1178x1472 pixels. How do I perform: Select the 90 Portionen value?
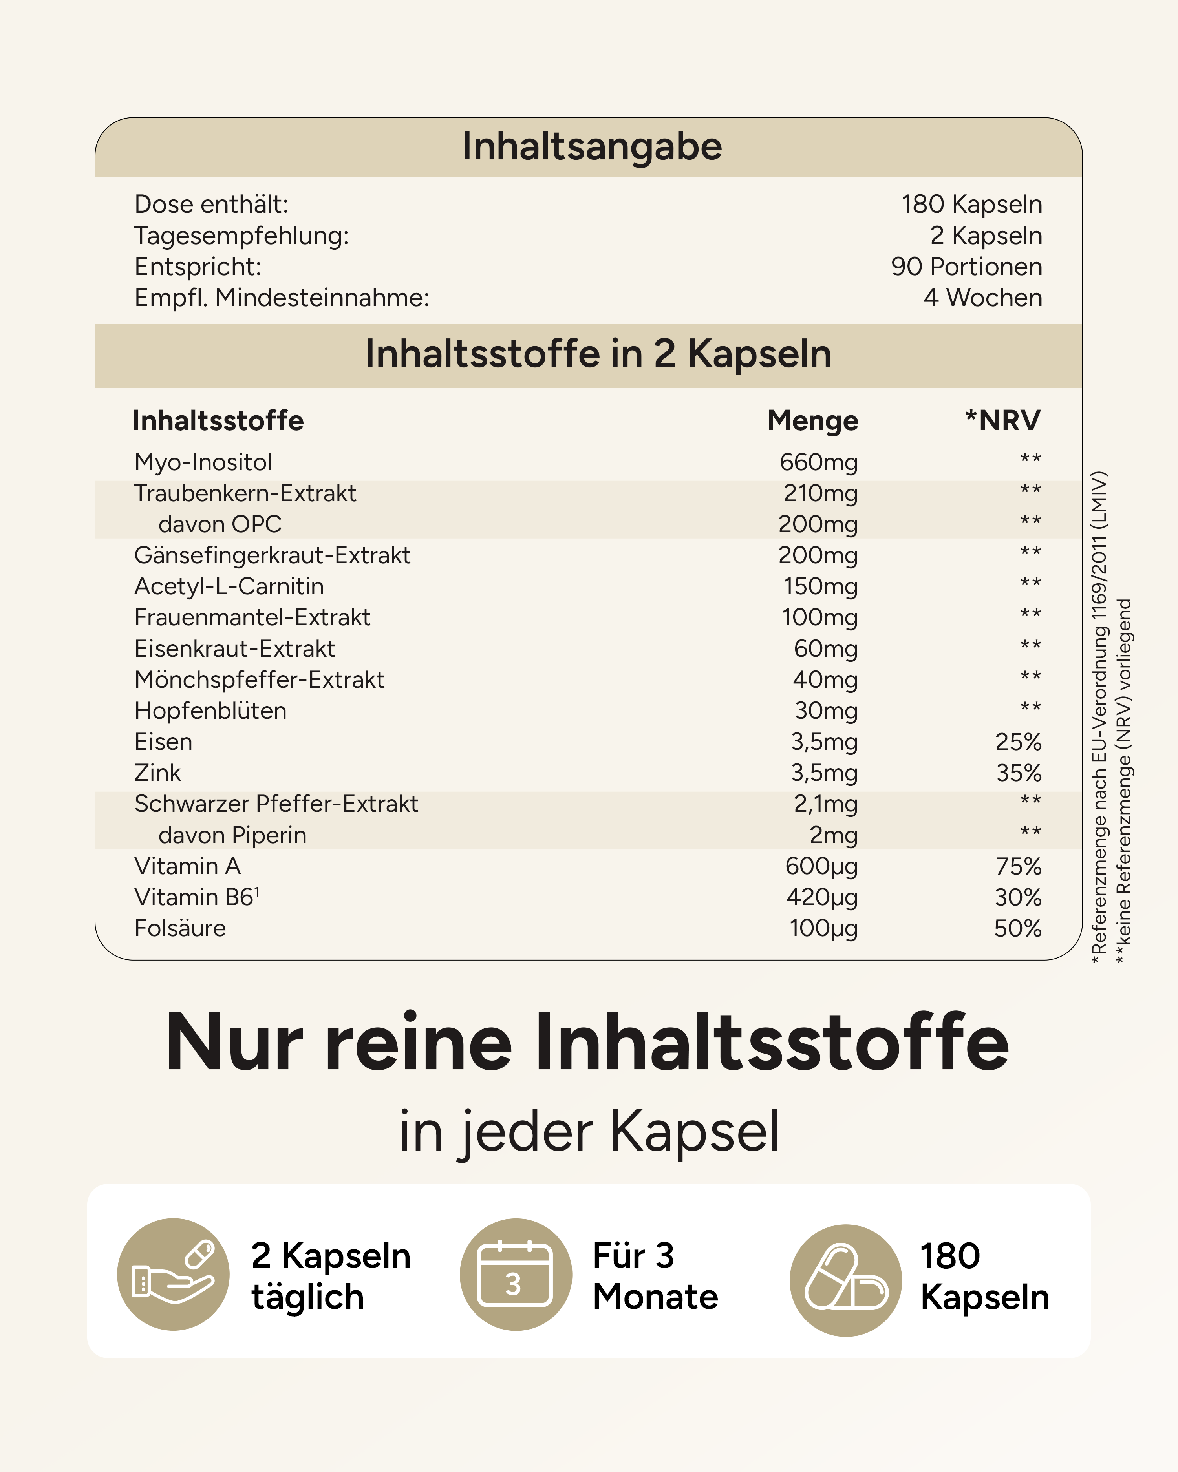tap(966, 266)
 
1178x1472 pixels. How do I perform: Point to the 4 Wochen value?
tap(983, 298)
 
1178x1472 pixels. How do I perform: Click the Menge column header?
tap(813, 420)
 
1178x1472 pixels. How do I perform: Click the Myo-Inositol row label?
tap(203, 462)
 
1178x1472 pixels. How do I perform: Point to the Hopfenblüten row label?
tap(210, 711)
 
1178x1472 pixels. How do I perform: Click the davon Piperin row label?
tap(232, 835)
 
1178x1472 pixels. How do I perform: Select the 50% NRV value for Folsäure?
tap(1017, 928)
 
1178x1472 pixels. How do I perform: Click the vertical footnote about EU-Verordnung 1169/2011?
tap(1099, 717)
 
